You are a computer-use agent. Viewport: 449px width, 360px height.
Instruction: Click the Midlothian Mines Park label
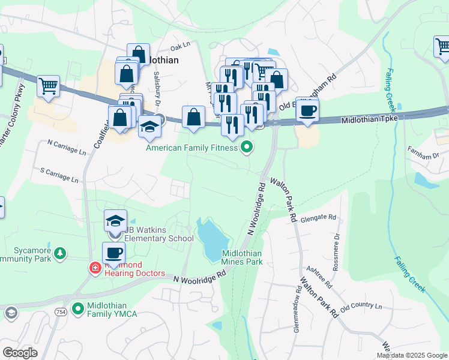[242, 257]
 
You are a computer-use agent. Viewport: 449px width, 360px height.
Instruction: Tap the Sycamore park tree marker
[59, 254]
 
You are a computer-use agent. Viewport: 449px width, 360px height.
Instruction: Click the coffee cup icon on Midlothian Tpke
[307, 110]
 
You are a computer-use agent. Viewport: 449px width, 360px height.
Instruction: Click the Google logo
[20, 352]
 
